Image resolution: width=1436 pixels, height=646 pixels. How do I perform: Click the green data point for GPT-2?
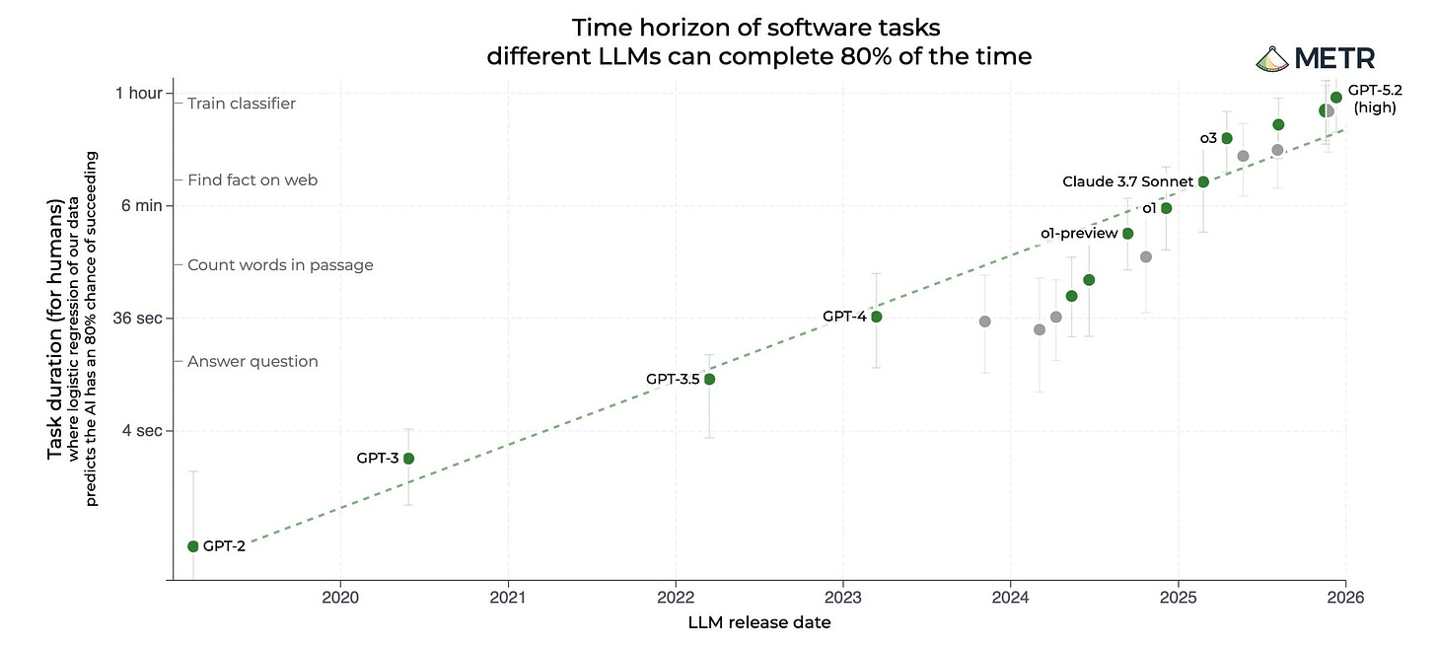193,546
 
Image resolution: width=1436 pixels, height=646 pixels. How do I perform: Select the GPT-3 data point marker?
408,459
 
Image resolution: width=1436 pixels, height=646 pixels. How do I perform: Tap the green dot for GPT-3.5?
708,380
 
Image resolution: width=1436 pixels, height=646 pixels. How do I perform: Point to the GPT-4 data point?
876,317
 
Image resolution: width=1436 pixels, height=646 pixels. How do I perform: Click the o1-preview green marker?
1128,234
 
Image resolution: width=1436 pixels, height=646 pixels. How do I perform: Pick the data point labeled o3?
1227,138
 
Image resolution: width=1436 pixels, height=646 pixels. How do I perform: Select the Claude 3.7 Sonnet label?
1127,181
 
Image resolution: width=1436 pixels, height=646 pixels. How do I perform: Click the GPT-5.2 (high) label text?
1374,99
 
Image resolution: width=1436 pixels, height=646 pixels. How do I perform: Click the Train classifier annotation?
241,104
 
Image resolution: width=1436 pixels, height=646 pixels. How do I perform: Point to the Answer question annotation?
252,362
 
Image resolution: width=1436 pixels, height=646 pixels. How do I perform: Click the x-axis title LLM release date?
759,622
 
